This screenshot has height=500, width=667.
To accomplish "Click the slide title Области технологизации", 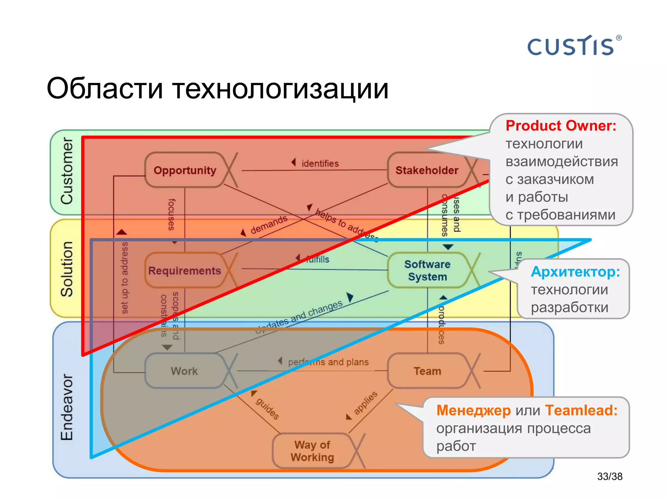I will (x=218, y=89).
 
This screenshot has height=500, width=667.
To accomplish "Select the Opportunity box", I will (x=185, y=170).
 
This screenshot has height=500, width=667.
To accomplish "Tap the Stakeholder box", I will (x=427, y=170).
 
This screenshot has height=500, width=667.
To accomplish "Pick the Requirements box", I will (x=185, y=271).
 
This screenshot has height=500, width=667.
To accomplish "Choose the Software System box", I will (x=427, y=271).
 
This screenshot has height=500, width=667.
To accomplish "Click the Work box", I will (x=184, y=371).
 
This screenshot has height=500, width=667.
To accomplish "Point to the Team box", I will (x=427, y=371).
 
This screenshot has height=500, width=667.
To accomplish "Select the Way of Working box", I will (x=312, y=451).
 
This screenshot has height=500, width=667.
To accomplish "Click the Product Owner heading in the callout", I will (x=561, y=126).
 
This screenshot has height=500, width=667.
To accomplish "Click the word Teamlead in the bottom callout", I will (x=581, y=410).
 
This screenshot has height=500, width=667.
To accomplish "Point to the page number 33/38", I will (x=610, y=477).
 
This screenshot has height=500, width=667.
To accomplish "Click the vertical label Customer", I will (x=67, y=171).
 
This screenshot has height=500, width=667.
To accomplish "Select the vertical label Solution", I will (x=67, y=269).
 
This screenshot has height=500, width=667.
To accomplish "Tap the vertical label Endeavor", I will (x=67, y=407).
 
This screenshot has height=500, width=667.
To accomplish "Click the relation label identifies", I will (x=320, y=163).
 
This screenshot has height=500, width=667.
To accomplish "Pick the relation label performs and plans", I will (x=328, y=362).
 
